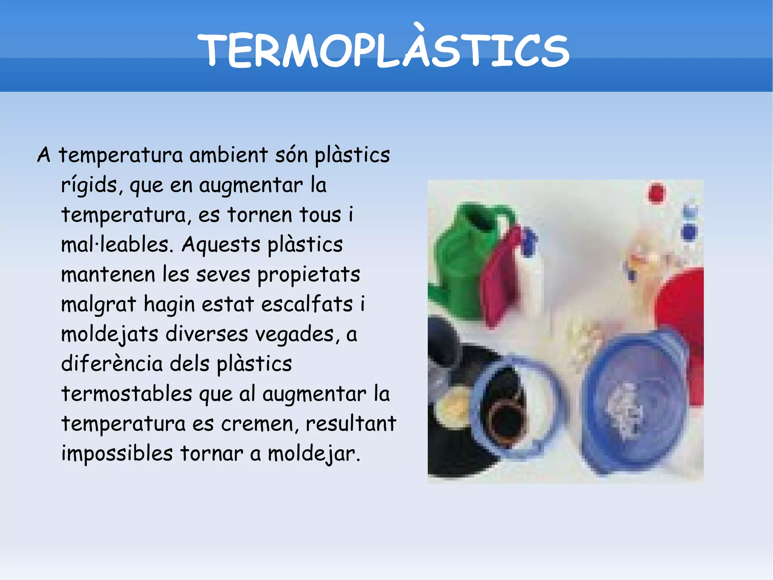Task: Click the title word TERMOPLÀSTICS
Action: (x=383, y=51)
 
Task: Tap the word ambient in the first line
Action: (x=229, y=155)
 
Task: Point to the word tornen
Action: (x=260, y=215)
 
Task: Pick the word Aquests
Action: (x=221, y=245)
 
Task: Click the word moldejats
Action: (x=109, y=335)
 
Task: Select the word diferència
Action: (x=112, y=364)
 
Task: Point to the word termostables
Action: (x=127, y=394)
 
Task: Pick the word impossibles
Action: (x=117, y=453)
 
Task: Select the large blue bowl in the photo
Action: (x=634, y=401)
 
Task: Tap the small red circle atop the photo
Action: (x=656, y=193)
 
